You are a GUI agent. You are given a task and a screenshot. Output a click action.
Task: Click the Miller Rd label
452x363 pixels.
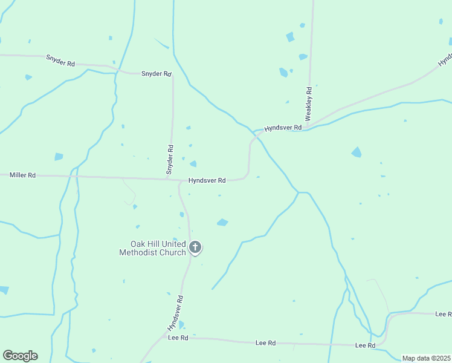pyautogui.click(x=22, y=175)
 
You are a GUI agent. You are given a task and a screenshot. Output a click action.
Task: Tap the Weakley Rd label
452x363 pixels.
pyautogui.click(x=308, y=103)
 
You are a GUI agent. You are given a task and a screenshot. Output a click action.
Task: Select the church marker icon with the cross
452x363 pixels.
pyautogui.click(x=195, y=247)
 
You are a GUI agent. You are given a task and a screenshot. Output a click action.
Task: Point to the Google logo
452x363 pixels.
pyautogui.click(x=20, y=355)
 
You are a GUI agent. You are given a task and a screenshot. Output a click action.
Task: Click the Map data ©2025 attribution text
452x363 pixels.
pyautogui.click(x=426, y=358)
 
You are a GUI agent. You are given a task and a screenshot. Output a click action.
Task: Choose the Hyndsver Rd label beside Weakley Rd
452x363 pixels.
pyautogui.click(x=282, y=128)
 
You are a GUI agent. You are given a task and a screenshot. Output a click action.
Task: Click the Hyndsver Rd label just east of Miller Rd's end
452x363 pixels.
pyautogui.click(x=207, y=180)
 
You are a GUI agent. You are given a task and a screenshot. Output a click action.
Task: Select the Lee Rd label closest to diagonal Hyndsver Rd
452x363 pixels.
pyautogui.click(x=178, y=337)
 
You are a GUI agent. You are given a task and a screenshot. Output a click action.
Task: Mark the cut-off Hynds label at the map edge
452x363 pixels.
pyautogui.click(x=445, y=59)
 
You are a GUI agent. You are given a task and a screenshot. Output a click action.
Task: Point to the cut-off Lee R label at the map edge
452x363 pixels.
pyautogui.click(x=443, y=314)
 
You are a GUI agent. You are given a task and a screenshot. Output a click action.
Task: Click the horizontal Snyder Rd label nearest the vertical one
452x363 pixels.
pyautogui.click(x=157, y=74)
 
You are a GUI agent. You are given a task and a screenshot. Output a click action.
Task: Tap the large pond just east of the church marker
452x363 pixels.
pyautogui.click(x=222, y=222)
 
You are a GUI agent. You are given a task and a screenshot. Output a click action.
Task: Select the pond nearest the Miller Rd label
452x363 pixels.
pyautogui.click(x=58, y=157)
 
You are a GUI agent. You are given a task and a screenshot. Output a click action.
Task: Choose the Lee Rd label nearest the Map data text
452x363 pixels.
pyautogui.click(x=365, y=345)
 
